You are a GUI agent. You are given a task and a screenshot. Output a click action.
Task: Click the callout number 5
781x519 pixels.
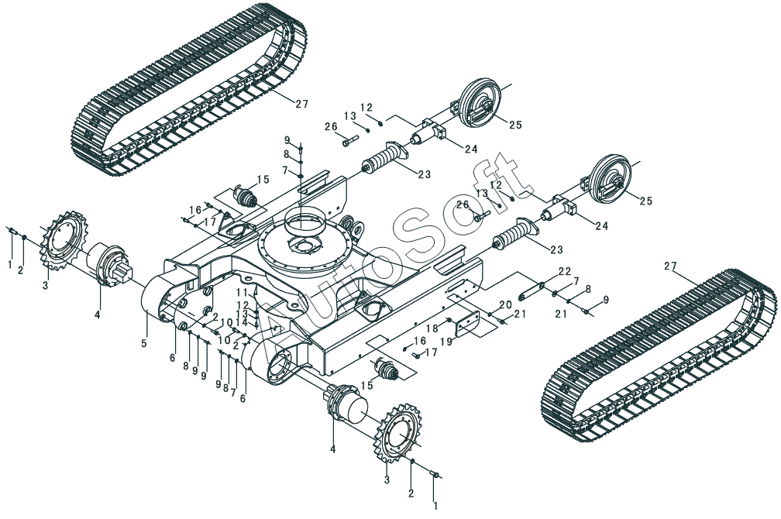144,342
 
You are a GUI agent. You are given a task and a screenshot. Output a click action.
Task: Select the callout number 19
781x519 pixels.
448,341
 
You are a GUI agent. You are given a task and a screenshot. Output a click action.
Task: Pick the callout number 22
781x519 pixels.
565,271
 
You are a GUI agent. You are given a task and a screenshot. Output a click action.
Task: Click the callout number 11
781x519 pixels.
242,292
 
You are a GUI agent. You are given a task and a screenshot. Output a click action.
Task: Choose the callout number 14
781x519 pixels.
243,322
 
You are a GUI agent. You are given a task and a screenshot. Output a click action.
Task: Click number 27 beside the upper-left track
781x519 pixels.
301,105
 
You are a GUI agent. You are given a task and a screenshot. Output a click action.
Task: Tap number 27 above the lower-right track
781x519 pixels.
671,266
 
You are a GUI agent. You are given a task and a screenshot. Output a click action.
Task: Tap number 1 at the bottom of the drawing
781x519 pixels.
435,505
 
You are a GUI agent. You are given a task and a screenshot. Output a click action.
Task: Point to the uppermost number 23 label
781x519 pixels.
425,175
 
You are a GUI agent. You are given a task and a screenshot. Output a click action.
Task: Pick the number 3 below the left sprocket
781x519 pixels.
46,285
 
